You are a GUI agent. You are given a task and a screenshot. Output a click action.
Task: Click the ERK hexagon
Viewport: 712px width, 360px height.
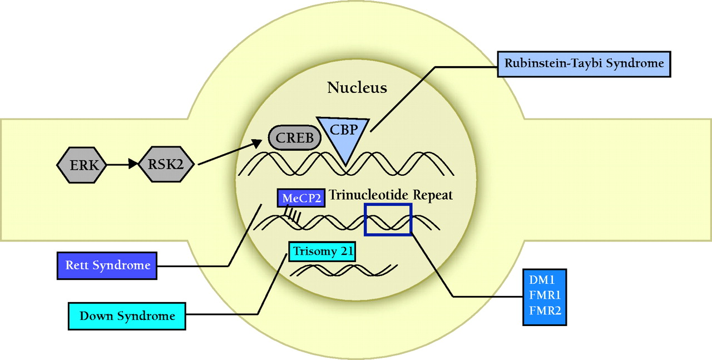click(x=81, y=165)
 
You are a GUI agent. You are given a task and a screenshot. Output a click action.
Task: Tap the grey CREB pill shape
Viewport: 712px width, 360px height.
click(x=294, y=138)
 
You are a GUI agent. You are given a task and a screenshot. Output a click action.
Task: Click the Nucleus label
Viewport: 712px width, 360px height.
click(x=357, y=87)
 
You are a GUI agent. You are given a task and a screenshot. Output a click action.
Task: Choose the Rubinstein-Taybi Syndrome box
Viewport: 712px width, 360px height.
click(x=584, y=63)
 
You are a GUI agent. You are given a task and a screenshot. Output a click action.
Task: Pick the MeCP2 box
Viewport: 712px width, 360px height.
click(x=301, y=198)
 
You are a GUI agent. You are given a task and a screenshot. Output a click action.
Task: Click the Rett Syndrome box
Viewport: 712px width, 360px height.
click(x=108, y=265)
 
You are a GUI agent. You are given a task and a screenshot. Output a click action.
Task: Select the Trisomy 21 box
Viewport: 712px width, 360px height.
click(x=322, y=251)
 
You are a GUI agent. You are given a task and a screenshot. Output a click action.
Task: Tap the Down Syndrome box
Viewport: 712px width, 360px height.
click(x=127, y=316)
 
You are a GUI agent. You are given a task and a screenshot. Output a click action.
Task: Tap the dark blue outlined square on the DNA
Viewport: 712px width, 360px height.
click(x=388, y=219)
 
